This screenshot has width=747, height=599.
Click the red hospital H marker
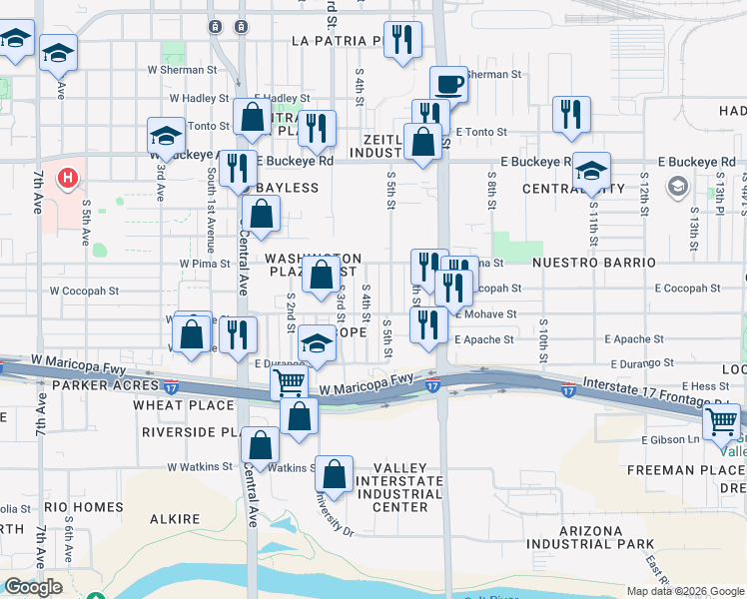pos(67,179)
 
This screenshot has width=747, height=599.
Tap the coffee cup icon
pos(449,82)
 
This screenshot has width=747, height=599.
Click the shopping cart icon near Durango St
pos(289,380)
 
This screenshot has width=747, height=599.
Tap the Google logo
pos(32,587)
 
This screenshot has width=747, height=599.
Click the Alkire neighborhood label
pos(176,519)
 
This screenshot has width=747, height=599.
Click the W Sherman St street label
pos(183,71)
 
